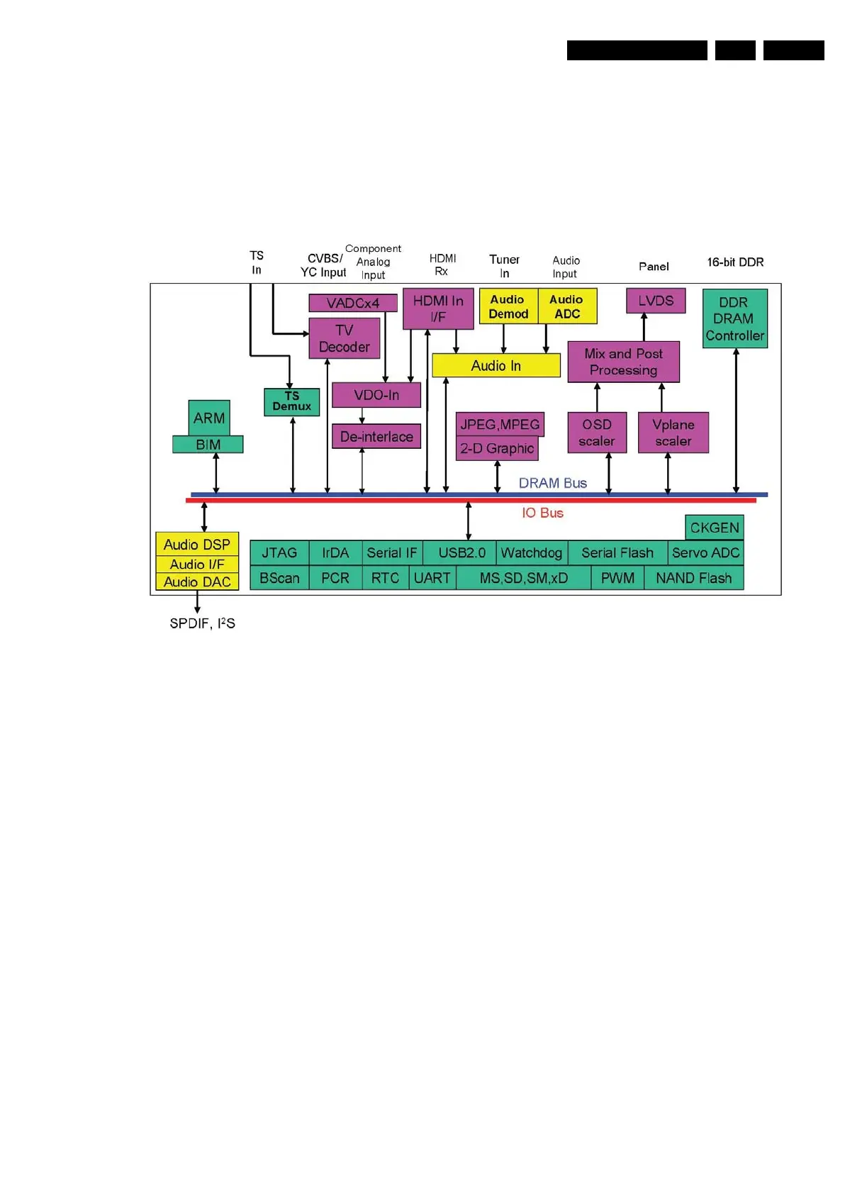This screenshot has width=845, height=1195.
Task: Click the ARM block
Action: tap(209, 418)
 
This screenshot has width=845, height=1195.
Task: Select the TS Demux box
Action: tap(291, 401)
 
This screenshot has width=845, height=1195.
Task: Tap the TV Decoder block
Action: tap(345, 338)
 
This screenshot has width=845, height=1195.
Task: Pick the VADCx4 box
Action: tap(352, 303)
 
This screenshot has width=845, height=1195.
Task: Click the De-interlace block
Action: tap(376, 436)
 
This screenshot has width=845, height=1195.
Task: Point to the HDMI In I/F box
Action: tap(438, 309)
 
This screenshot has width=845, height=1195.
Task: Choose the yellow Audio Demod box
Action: tap(508, 306)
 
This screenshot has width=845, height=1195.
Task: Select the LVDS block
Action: tap(656, 301)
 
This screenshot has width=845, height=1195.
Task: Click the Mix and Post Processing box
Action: tap(623, 362)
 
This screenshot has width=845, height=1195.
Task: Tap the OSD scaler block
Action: tap(597, 433)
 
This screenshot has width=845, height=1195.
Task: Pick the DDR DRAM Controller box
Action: tap(734, 318)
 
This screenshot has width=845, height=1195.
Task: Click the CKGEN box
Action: tap(715, 528)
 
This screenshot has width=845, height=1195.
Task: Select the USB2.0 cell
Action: tap(461, 552)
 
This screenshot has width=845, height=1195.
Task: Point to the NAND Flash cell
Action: tap(693, 578)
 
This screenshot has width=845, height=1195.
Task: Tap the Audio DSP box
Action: tap(197, 544)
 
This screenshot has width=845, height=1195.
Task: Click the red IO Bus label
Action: tap(542, 513)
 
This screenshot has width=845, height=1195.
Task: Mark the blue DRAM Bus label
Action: tap(552, 483)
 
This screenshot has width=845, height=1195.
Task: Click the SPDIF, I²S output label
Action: tap(202, 623)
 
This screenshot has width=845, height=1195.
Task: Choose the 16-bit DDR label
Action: tap(735, 262)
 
